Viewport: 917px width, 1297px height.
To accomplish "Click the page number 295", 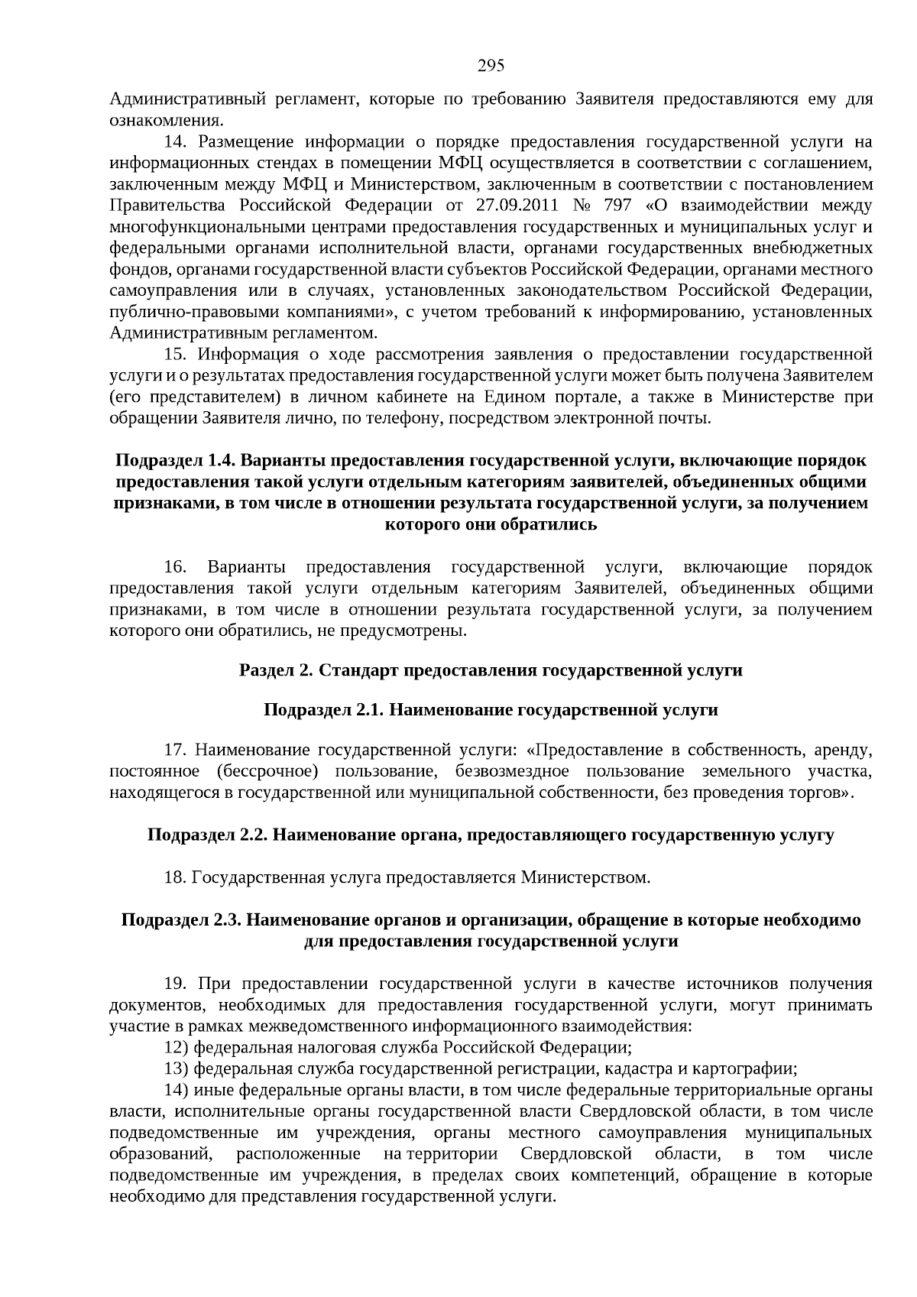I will [491, 66].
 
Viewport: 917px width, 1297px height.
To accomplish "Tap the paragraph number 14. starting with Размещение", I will [177, 141].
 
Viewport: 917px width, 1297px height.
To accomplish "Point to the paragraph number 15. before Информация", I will [177, 354].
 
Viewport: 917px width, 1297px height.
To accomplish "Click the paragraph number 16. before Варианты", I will [176, 567].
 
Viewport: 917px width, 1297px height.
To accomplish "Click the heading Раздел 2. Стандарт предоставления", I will [491, 670].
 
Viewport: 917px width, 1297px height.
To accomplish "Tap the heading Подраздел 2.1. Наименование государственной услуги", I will [491, 710].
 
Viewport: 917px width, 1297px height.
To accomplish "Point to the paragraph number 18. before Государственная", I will [175, 877].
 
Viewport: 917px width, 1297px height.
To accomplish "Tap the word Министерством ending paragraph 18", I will [585, 877].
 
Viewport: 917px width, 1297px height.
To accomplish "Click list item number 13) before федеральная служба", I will [177, 1068].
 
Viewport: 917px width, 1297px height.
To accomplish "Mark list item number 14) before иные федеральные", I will [177, 1090].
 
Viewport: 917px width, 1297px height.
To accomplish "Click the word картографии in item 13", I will [752, 1068].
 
